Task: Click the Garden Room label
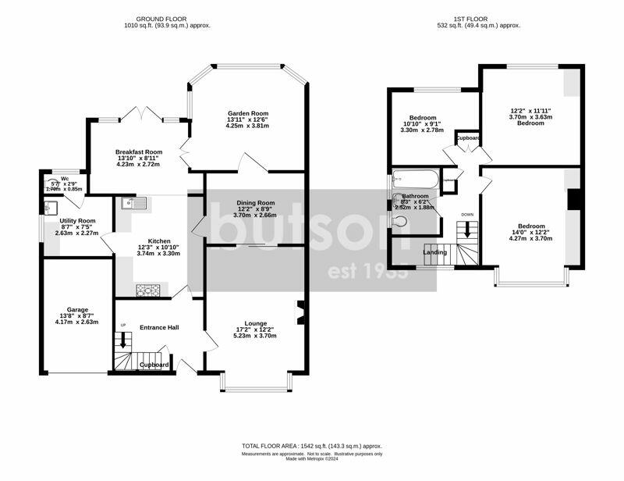(x=245, y=113)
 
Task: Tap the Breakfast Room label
(x=139, y=151)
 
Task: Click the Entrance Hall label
(x=159, y=327)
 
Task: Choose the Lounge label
(x=255, y=323)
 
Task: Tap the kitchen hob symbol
(x=147, y=290)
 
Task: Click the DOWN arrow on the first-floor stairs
(x=468, y=230)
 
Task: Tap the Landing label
(x=435, y=252)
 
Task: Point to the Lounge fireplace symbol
(x=300, y=312)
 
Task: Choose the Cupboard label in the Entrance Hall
(x=154, y=365)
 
